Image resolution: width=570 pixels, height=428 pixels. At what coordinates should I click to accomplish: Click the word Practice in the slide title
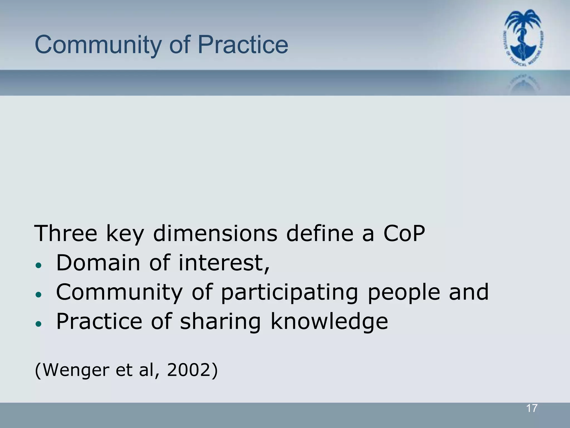click(x=243, y=45)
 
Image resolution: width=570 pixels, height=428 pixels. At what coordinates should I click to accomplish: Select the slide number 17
click(x=532, y=408)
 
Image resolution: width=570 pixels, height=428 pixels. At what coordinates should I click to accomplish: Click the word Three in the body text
click(x=65, y=233)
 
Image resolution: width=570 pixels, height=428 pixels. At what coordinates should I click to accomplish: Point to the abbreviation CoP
click(x=404, y=233)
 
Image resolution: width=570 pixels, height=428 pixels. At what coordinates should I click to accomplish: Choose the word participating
click(x=289, y=293)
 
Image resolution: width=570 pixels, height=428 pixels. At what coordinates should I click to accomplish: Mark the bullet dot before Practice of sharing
click(x=39, y=324)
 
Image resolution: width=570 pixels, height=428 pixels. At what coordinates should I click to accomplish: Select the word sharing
click(x=220, y=322)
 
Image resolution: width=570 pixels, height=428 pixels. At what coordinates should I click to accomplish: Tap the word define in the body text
click(x=320, y=233)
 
